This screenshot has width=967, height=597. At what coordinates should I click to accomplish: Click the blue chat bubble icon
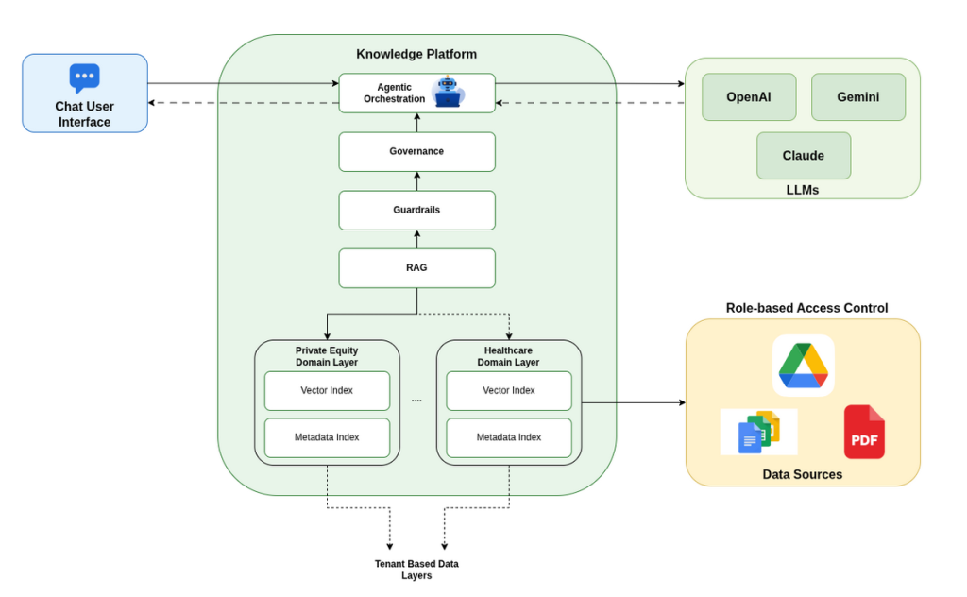(84, 77)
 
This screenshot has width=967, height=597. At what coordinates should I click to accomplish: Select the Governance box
(416, 151)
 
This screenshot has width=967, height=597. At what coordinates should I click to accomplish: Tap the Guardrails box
(416, 210)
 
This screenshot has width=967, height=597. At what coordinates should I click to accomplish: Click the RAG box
(416, 268)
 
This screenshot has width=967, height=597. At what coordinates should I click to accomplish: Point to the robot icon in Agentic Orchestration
(447, 93)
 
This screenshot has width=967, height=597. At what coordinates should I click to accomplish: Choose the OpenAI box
(749, 97)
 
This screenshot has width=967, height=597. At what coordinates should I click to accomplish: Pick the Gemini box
(857, 97)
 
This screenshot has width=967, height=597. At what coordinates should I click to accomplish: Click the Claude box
(803, 156)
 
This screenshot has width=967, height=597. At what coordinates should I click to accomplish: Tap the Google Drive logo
(803, 366)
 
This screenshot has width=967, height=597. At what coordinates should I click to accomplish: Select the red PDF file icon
(864, 432)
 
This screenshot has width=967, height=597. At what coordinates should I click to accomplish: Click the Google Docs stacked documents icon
(759, 432)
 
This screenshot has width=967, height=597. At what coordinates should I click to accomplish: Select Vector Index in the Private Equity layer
(327, 390)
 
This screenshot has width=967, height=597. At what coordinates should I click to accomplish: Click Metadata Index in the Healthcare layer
(509, 437)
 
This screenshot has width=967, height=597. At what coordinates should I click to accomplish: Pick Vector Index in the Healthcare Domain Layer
(509, 390)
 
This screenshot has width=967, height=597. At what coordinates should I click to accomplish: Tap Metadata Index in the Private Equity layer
(327, 437)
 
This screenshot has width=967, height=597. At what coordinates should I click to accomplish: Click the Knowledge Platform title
(416, 54)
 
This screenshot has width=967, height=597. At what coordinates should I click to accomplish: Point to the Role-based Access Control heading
(806, 308)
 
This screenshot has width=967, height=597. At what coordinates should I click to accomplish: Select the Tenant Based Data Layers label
(416, 570)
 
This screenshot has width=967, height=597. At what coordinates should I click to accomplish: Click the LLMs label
(802, 190)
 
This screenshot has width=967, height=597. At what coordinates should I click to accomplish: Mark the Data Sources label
(802, 474)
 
